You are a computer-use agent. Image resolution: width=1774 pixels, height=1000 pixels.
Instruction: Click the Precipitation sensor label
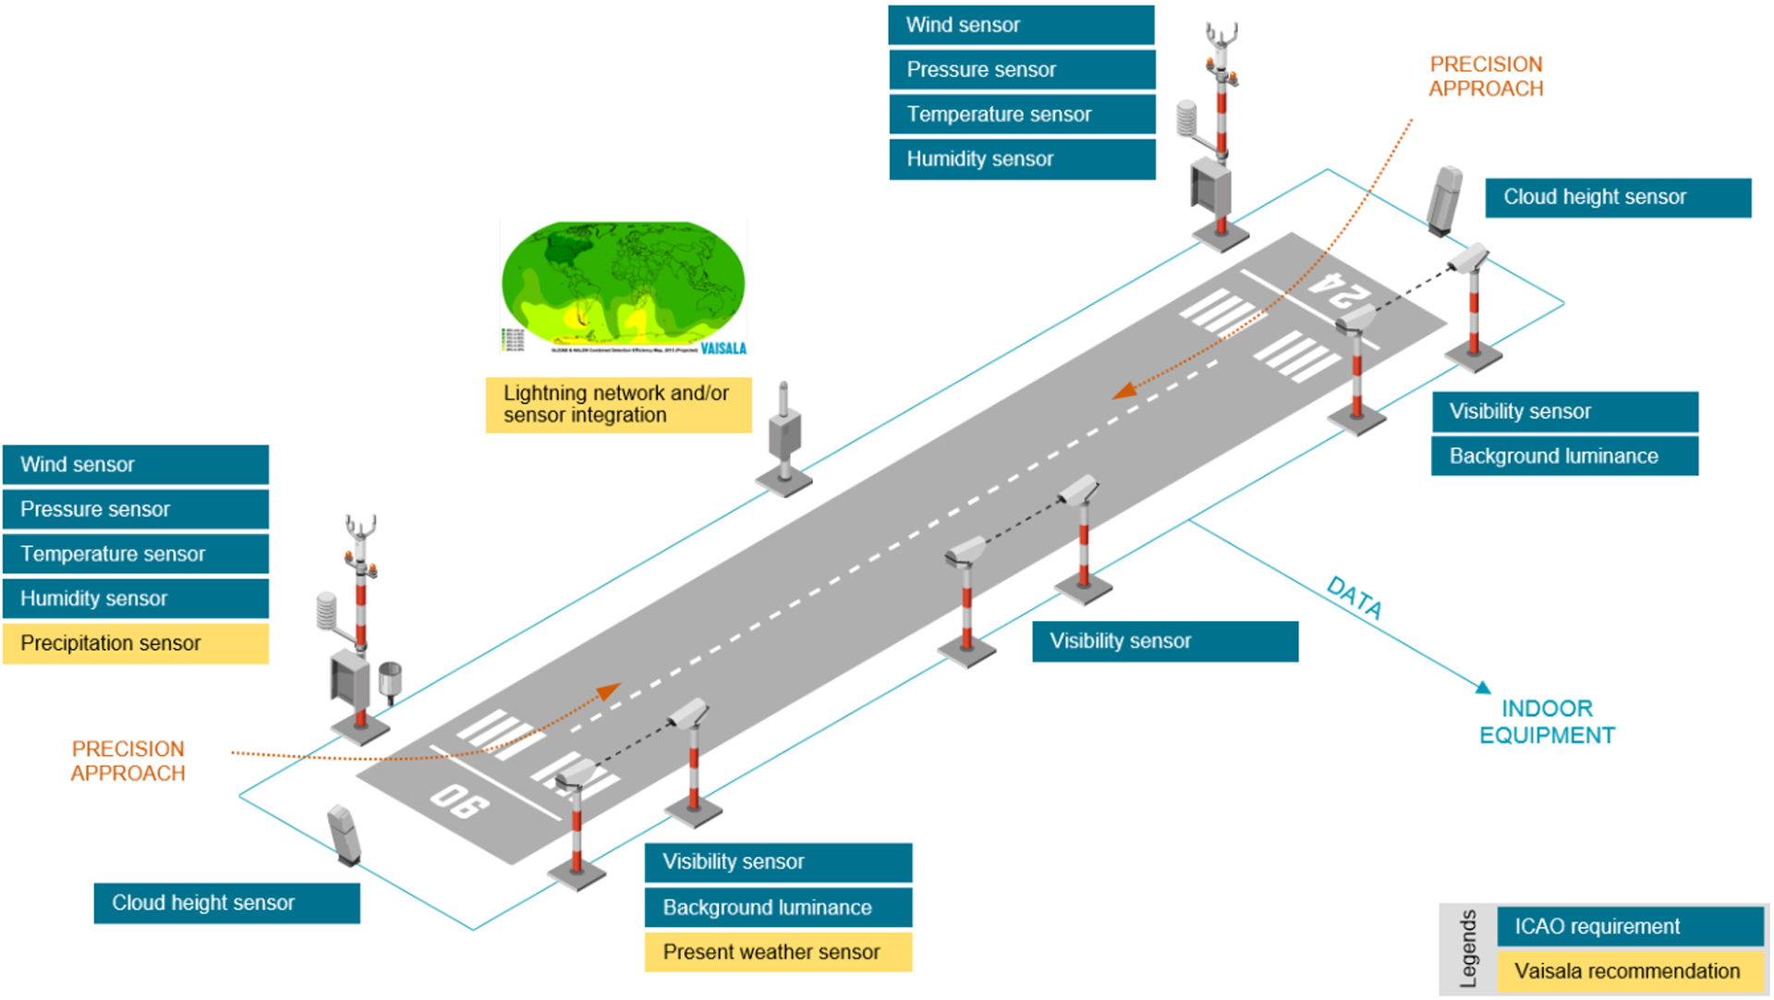pos(135,643)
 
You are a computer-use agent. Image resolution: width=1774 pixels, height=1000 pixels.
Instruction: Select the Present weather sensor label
pos(778,952)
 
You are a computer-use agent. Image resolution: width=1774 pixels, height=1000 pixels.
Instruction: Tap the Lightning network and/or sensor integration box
pos(618,405)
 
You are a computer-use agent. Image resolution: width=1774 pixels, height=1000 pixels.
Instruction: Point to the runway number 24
pos(1343,292)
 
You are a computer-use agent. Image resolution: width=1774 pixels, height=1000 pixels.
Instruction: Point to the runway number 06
pos(459,800)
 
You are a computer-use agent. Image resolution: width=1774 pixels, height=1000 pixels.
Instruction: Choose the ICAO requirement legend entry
pos(1629,926)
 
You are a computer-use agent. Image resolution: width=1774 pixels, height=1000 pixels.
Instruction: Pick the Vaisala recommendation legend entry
pos(1629,971)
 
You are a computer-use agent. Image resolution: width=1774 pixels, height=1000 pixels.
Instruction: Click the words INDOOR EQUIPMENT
pos(1547,722)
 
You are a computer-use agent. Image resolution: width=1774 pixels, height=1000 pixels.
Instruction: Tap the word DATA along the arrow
pos(1355,598)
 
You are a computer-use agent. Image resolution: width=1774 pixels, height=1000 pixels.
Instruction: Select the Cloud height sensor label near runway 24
pos(1617,197)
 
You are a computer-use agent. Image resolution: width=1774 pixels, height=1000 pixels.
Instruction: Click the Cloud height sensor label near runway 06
pos(226,903)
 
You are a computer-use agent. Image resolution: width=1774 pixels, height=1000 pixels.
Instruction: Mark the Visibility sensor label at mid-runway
pos(1164,641)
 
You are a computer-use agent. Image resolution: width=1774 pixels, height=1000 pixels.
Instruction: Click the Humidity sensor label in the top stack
pos(1021,159)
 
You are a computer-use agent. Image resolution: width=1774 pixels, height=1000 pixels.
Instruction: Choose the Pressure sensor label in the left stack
pos(135,509)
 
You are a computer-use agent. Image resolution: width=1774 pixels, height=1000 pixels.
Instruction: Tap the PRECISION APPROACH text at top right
pos(1486,77)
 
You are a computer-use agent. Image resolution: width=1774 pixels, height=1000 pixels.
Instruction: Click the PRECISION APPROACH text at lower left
pos(128,761)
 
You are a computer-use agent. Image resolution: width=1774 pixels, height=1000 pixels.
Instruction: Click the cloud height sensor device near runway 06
pos(344,835)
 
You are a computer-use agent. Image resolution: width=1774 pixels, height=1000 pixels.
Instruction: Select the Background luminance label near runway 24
pos(1564,457)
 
